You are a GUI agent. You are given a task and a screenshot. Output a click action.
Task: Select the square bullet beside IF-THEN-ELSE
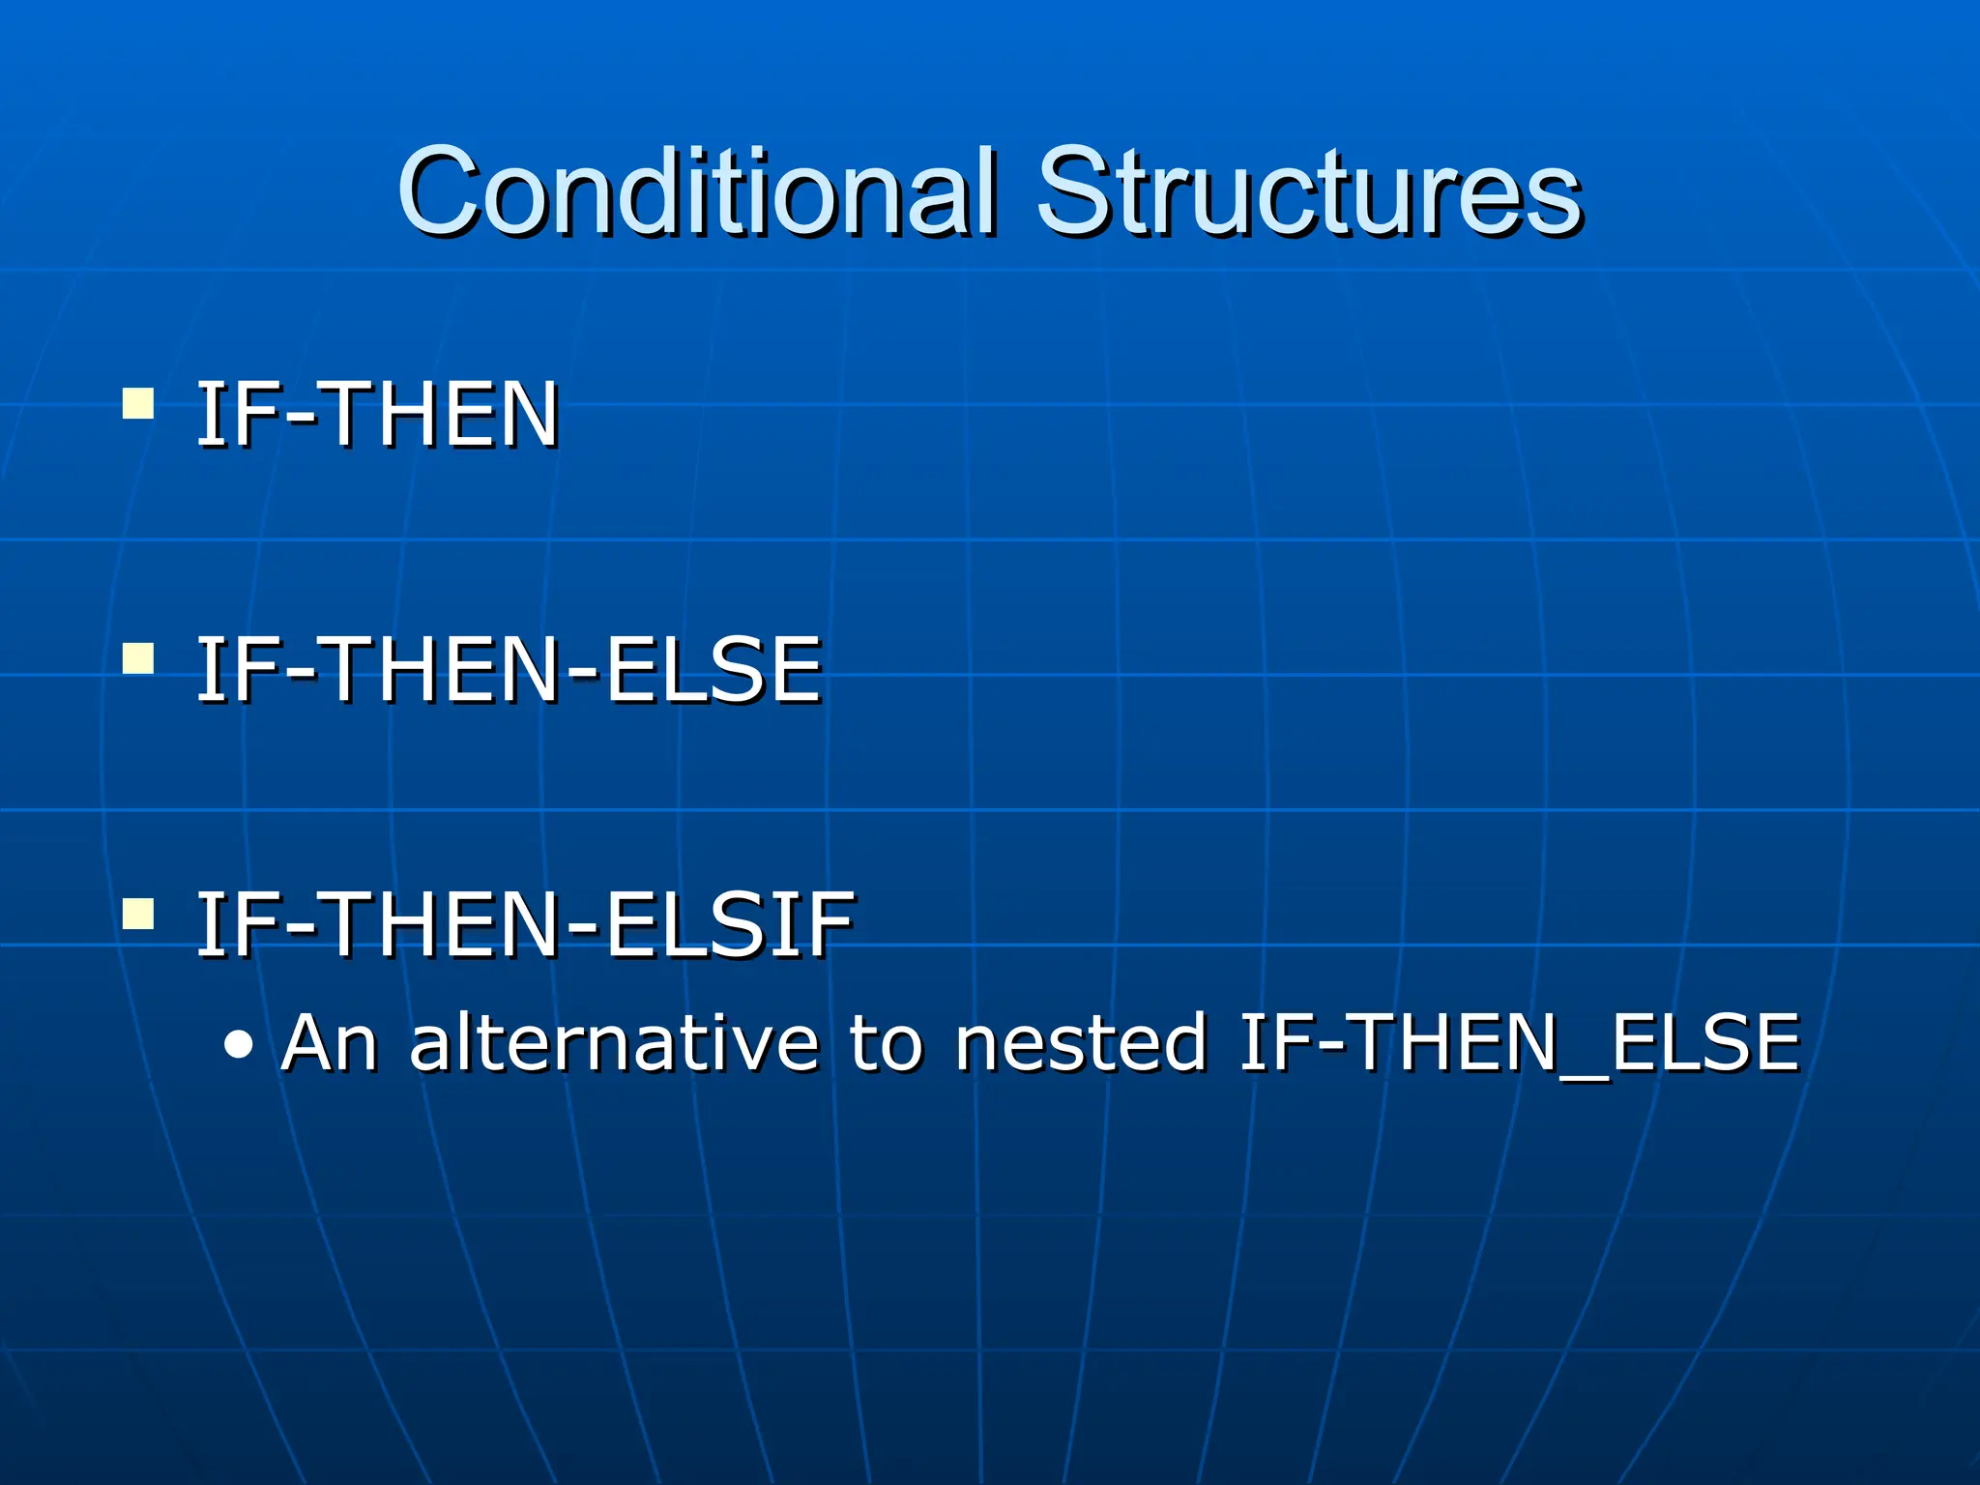point(138,658)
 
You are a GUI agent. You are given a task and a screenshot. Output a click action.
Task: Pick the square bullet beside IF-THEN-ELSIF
point(138,913)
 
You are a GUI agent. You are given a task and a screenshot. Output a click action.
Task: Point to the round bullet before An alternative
point(238,1045)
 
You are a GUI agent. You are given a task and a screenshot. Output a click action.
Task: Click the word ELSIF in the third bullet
point(730,925)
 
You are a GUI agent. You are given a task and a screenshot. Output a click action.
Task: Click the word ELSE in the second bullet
point(713,670)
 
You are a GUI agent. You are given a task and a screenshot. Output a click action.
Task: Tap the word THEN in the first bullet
point(444,415)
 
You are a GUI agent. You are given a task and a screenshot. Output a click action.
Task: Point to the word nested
point(1080,1043)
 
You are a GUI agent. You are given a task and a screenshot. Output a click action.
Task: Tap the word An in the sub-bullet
point(328,1043)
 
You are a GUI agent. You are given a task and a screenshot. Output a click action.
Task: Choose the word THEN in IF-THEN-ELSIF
point(444,925)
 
